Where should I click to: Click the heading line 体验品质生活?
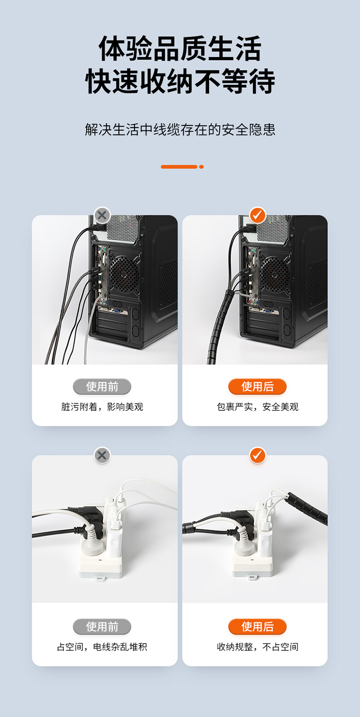pyautogui.click(x=180, y=48)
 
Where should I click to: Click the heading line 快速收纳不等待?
pyautogui.click(x=180, y=81)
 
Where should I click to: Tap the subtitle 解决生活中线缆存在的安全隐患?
pyautogui.click(x=180, y=130)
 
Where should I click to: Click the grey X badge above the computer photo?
pyautogui.click(x=102, y=215)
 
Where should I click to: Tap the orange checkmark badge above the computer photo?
pyautogui.click(x=257, y=215)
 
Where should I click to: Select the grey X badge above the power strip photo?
pyautogui.click(x=102, y=455)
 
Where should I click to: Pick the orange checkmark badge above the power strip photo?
pyautogui.click(x=257, y=455)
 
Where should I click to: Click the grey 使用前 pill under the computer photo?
pyautogui.click(x=102, y=387)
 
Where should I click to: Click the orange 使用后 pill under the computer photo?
pyautogui.click(x=257, y=387)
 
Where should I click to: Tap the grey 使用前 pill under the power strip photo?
pyautogui.click(x=102, y=627)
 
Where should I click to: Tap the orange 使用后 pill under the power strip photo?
pyautogui.click(x=257, y=627)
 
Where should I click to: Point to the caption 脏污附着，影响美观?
pyautogui.click(x=102, y=407)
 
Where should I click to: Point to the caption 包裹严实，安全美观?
pyautogui.click(x=257, y=407)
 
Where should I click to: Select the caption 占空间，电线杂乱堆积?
pyautogui.click(x=102, y=647)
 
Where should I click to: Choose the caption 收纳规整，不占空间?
pyautogui.click(x=257, y=647)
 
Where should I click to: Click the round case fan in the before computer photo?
pyautogui.click(x=124, y=274)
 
